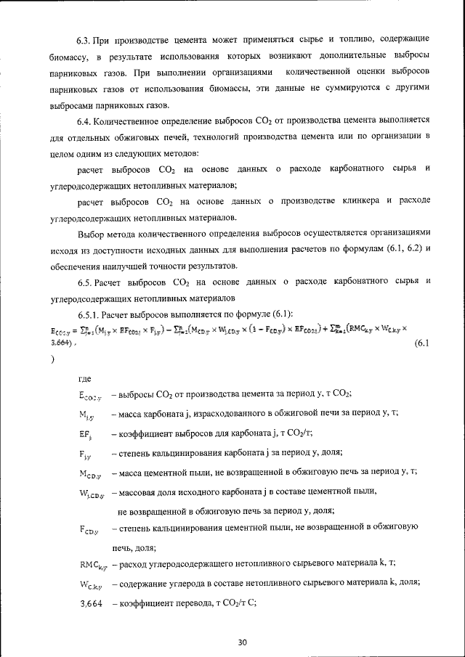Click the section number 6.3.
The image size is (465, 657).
[86, 37]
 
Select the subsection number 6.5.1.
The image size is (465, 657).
[90, 314]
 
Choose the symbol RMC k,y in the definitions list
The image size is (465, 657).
[93, 563]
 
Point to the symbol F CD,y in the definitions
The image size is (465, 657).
[90, 530]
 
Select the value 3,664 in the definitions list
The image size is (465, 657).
[90, 602]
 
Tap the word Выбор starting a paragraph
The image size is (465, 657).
[92, 233]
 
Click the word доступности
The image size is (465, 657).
[117, 249]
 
